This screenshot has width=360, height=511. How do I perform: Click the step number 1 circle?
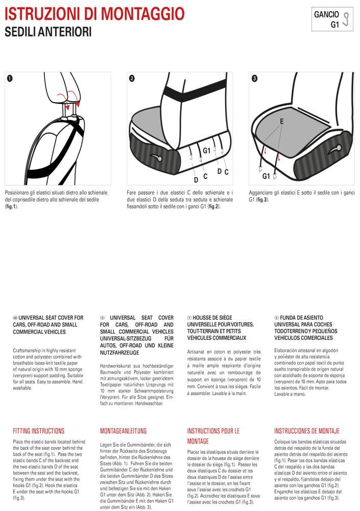pyautogui.click(x=10, y=78)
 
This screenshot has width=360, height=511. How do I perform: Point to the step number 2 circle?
pyautogui.click(x=132, y=78)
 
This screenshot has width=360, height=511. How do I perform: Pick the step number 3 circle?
pyautogui.click(x=254, y=78)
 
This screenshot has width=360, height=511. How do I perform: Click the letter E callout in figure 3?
pyautogui.click(x=281, y=122)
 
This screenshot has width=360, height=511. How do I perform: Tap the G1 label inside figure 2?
pyautogui.click(x=207, y=151)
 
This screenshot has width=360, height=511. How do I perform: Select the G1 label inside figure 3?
pyautogui.click(x=266, y=176)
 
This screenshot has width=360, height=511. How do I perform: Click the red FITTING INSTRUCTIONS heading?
pyautogui.click(x=38, y=431)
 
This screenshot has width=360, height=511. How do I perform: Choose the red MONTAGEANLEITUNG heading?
pyautogui.click(x=123, y=431)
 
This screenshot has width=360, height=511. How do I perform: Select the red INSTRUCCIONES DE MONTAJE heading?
pyautogui.click(x=306, y=431)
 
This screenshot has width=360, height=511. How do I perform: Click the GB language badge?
pyautogui.click(x=15, y=318)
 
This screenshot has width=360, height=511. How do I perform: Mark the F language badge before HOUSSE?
pyautogui.click(x=189, y=318)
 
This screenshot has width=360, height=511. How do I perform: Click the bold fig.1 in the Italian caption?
pyautogui.click(x=11, y=206)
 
